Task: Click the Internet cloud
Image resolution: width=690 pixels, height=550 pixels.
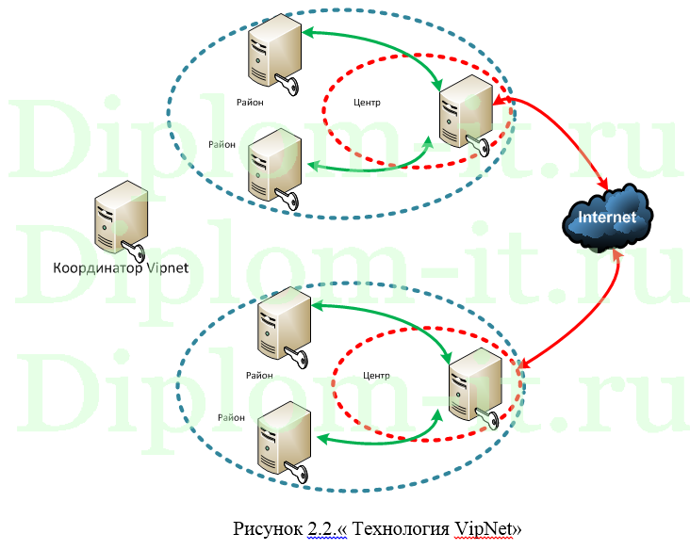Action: pos(606,218)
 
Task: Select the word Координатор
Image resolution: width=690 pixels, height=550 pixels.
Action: pos(94,267)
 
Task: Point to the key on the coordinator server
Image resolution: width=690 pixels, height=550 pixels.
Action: pos(133,251)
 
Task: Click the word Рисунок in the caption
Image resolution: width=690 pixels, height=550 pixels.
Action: pos(270,529)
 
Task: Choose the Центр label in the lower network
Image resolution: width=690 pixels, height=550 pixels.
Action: pos(376,375)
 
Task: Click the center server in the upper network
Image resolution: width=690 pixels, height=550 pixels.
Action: pos(465,109)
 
